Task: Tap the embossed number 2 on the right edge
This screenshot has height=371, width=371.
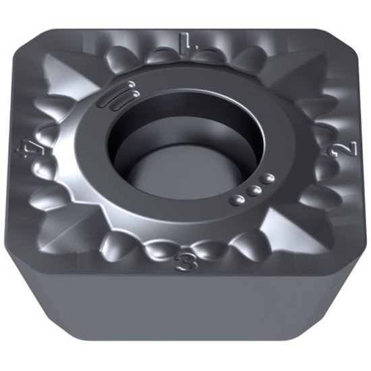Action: click(332, 143)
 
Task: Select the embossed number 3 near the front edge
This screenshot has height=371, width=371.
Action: click(183, 262)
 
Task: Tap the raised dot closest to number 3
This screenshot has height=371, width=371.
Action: click(238, 200)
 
